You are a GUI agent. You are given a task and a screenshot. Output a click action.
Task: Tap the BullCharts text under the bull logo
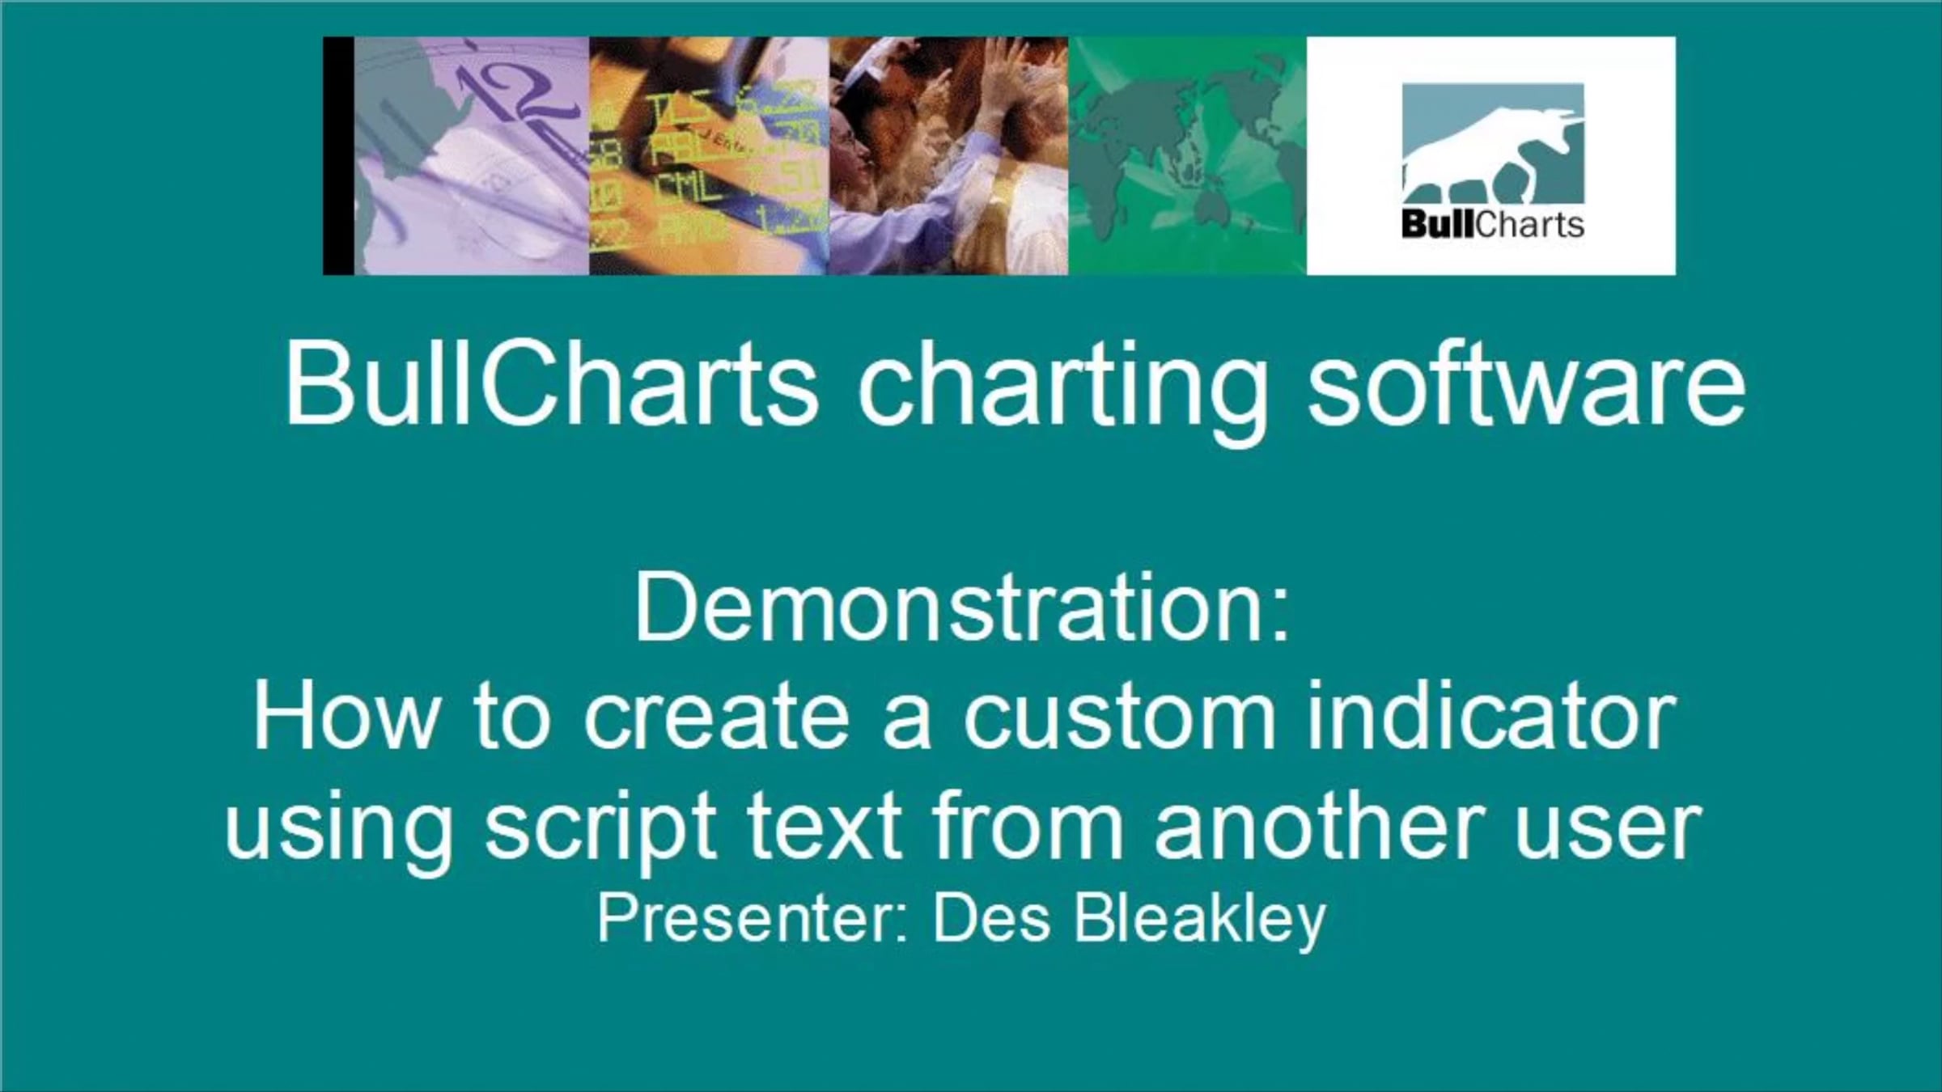[x=1493, y=224]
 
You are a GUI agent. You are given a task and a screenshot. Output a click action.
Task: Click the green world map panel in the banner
[x=1187, y=155]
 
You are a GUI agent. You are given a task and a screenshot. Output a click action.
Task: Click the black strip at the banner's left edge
[x=338, y=155]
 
